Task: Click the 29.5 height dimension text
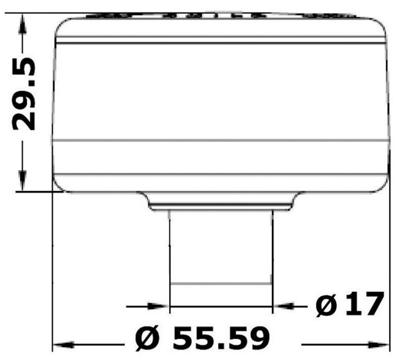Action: (x=25, y=94)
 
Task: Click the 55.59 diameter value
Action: (x=221, y=338)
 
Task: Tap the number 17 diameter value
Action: (x=364, y=305)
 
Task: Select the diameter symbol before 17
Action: (x=327, y=307)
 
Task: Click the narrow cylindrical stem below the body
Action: (x=221, y=247)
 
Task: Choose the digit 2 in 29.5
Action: (x=25, y=120)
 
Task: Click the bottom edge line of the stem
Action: (x=221, y=284)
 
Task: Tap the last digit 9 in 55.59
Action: (x=256, y=338)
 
